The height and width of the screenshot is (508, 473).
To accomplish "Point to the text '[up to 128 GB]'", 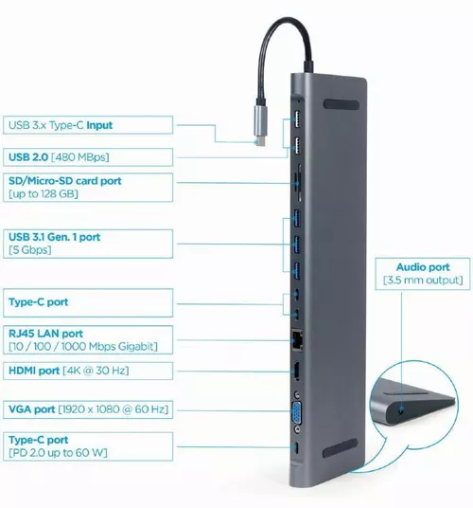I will pyautogui.click(x=43, y=193).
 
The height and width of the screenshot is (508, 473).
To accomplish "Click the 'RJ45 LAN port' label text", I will pyautogui.click(x=46, y=334).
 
